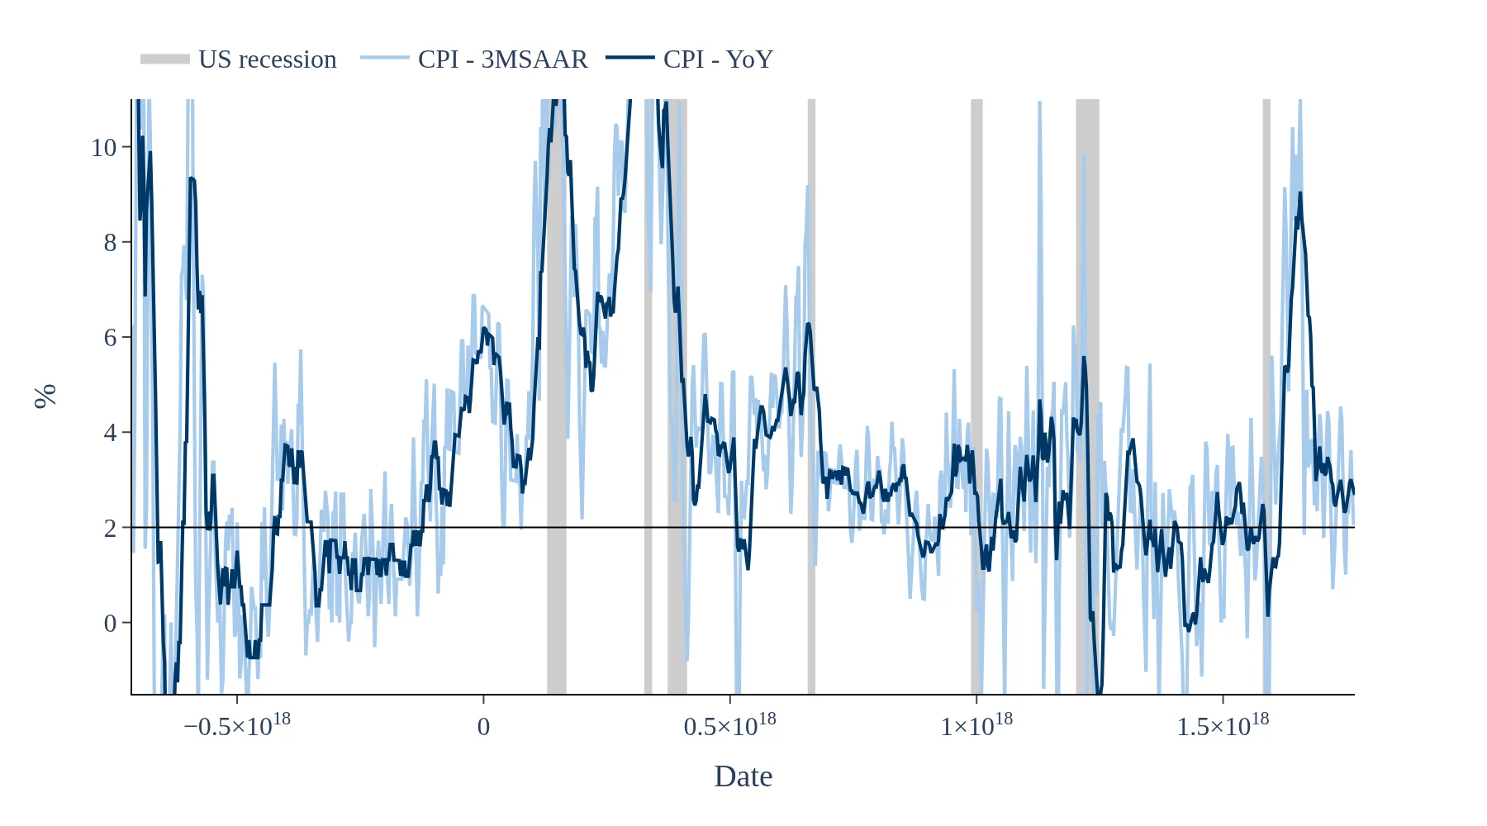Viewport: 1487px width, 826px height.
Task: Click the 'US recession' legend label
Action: [x=267, y=59]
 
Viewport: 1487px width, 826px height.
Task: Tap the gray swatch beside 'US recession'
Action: [x=165, y=59]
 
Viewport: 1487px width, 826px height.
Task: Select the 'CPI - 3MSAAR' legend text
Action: [x=502, y=59]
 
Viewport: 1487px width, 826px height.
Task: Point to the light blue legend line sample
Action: [x=385, y=58]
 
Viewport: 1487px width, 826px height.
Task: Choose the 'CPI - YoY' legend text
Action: [x=718, y=59]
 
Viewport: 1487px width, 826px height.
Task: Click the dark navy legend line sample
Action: [x=630, y=58]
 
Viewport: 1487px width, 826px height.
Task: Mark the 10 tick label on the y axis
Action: [x=104, y=148]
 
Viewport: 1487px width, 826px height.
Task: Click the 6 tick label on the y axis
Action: [x=111, y=338]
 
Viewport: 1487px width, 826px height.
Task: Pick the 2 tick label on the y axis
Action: [x=111, y=529]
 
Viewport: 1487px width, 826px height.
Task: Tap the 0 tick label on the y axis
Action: [x=111, y=624]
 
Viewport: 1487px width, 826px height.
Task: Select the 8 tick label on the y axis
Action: [x=111, y=243]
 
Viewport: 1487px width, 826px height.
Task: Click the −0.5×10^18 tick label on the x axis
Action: [x=237, y=725]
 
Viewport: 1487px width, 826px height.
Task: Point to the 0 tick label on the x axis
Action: [x=483, y=727]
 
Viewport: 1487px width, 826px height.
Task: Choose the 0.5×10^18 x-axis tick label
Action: [x=729, y=725]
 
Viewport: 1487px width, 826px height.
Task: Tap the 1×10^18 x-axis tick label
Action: [x=976, y=725]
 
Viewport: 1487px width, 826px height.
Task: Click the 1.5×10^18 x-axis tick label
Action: [x=1223, y=725]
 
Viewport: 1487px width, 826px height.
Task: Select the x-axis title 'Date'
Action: [x=743, y=776]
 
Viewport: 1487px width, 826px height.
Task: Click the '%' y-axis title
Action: [x=45, y=396]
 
